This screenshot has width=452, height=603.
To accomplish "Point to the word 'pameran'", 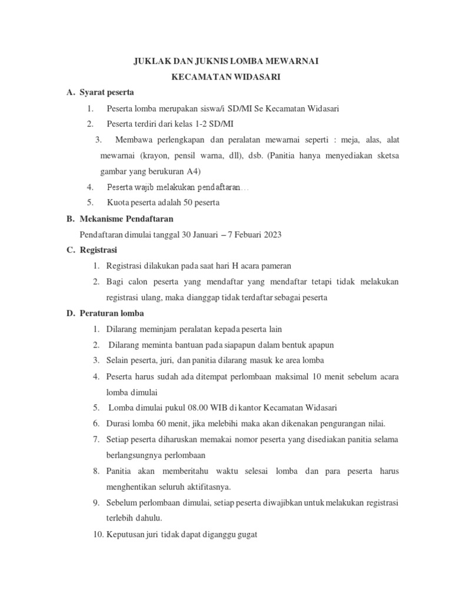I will [x=276, y=266].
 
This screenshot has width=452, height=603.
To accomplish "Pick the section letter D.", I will [x=69, y=313].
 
